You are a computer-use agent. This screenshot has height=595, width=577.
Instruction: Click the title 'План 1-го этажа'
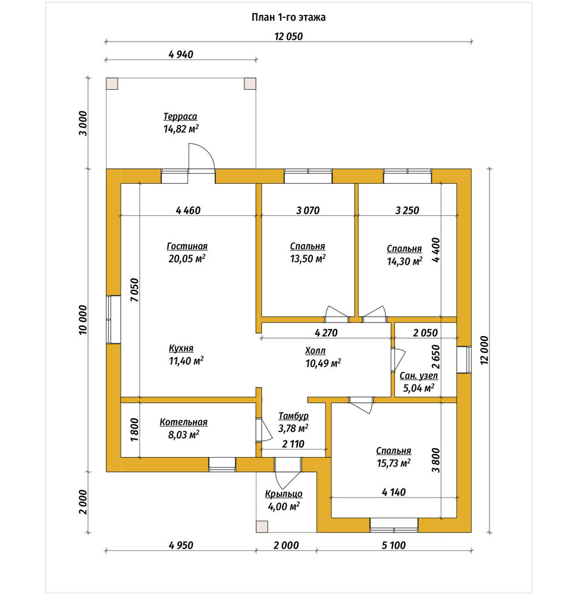pos(288,17)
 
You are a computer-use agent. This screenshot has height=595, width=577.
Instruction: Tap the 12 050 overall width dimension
pos(288,36)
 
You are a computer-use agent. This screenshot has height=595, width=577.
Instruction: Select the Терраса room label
pos(180,117)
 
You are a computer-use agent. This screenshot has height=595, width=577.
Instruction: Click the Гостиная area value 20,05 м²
pos(187,259)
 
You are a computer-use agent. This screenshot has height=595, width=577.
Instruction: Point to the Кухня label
pos(181,348)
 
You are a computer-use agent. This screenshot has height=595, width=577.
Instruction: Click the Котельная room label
pos(184,422)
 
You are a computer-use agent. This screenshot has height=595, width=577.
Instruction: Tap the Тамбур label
pos(293,416)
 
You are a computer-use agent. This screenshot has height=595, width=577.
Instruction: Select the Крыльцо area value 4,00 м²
pos(284,506)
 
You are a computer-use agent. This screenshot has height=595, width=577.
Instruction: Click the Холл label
pos(315,351)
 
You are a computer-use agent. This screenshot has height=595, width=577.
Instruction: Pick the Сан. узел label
pos(419,376)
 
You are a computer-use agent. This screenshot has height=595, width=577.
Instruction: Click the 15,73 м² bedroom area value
pos(394,464)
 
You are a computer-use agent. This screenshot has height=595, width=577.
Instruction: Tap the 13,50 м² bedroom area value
pos(308,259)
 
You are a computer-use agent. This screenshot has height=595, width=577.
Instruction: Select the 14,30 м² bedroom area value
pos(404,261)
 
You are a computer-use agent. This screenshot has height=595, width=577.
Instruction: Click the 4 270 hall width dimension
pos(326,333)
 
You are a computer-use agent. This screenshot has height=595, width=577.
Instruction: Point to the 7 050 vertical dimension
pos(134,290)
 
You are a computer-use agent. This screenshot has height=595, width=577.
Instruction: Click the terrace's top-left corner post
pos(112,83)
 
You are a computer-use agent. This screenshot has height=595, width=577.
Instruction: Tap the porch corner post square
pos(262,527)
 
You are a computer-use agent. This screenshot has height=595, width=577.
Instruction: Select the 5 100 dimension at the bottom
pos(394,545)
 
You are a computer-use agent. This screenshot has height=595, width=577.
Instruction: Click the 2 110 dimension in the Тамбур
pos(293,444)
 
